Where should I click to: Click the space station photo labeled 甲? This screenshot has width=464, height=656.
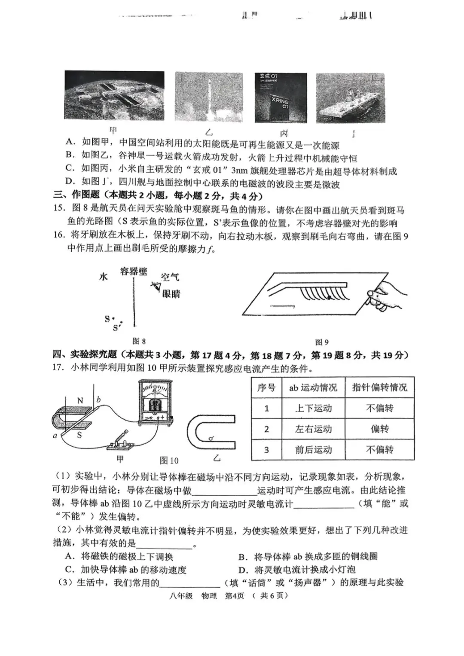point(114,95)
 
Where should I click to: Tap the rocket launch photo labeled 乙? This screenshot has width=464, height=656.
point(208,98)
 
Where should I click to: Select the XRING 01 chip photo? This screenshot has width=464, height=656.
point(281,98)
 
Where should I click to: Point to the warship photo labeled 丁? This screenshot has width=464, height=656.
point(350,98)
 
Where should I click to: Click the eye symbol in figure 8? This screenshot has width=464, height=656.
point(156,286)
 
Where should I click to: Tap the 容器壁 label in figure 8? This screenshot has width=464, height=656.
point(134,271)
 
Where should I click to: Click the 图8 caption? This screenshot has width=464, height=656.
point(139,341)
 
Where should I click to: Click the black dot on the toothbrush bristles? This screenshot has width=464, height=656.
point(329,296)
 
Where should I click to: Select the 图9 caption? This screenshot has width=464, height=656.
point(322,342)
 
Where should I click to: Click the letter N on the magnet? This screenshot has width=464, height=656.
point(80,400)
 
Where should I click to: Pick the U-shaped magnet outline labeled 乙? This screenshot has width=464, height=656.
point(212,432)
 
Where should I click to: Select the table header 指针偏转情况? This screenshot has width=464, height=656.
point(379,387)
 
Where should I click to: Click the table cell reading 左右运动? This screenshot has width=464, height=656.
point(313,429)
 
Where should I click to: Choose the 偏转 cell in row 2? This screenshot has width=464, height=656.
point(379,429)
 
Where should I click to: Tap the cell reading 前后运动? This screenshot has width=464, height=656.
point(313,450)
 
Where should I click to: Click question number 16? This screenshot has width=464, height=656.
point(59,235)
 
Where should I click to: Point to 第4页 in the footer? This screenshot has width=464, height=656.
point(235,595)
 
